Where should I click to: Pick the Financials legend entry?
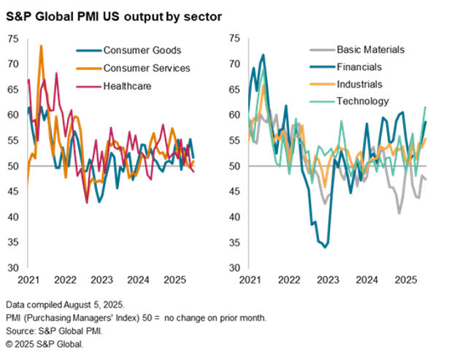(x=361, y=67)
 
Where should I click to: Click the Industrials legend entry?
(x=361, y=84)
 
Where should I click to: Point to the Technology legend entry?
(x=363, y=101)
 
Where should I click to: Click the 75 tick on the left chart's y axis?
(x=13, y=38)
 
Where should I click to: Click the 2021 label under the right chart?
(x=249, y=280)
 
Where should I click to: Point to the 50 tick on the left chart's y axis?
(x=13, y=166)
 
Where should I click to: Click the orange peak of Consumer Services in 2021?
(x=41, y=46)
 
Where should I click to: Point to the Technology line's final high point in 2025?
(x=426, y=107)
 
